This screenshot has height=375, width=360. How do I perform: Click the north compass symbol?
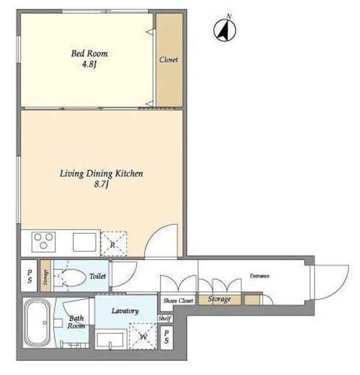pyautogui.click(x=225, y=30)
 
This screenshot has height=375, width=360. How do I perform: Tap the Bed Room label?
pyautogui.click(x=90, y=53)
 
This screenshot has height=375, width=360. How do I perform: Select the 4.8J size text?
pyautogui.click(x=89, y=64)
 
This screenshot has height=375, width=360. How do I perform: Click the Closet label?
pyautogui.click(x=169, y=59)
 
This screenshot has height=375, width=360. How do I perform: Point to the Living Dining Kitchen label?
pyautogui.click(x=101, y=173)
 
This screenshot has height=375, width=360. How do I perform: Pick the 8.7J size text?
pyautogui.click(x=101, y=184)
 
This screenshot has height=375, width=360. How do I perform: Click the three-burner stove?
pyautogui.click(x=43, y=242)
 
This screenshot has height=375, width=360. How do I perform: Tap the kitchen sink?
pyautogui.click(x=84, y=242)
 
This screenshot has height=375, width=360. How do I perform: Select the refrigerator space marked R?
pyautogui.click(x=114, y=244)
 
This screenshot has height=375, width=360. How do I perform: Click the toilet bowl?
pyautogui.click(x=72, y=277)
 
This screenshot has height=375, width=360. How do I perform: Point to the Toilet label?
pyautogui.click(x=97, y=276)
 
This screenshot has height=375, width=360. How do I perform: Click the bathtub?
pyautogui.click(x=38, y=322)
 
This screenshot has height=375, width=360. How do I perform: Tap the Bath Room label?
pyautogui.click(x=76, y=322)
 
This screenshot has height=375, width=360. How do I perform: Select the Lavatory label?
pyautogui.click(x=125, y=311)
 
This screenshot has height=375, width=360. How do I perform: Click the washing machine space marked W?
pyautogui.click(x=143, y=336)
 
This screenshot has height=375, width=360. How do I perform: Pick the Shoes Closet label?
pyautogui.click(x=178, y=301)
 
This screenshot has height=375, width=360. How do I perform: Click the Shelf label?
pyautogui.click(x=165, y=318)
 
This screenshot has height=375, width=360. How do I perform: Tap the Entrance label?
pyautogui.click(x=260, y=276)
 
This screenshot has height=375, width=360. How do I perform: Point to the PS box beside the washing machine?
pyautogui.click(x=167, y=337)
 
